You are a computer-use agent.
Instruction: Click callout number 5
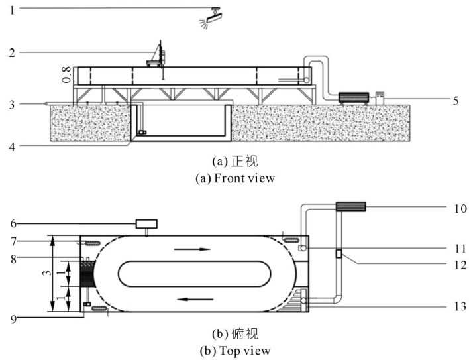pyautogui.click(x=456, y=101)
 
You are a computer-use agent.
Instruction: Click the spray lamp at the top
pyautogui.click(x=213, y=17)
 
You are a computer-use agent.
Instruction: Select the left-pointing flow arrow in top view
pyautogui.click(x=191, y=298)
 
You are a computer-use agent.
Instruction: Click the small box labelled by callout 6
pyautogui.click(x=145, y=224)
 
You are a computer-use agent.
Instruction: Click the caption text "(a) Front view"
pyautogui.click(x=238, y=178)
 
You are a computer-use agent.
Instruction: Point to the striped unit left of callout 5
pyautogui.click(x=352, y=97)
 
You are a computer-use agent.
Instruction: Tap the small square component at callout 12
pyautogui.click(x=339, y=253)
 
